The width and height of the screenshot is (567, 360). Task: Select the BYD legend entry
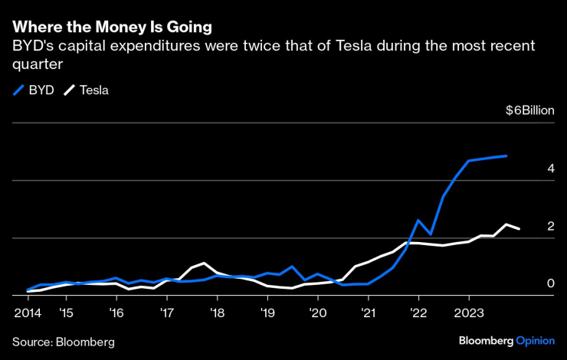pyautogui.click(x=34, y=90)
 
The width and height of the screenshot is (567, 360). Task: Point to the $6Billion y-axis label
pyautogui.click(x=529, y=110)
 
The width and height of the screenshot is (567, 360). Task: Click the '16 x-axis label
pyautogui.click(x=116, y=313)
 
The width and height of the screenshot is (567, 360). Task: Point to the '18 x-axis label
pyautogui.click(x=217, y=313)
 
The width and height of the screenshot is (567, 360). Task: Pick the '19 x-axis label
pyautogui.click(x=267, y=313)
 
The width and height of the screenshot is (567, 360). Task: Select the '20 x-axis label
pyautogui.click(x=318, y=313)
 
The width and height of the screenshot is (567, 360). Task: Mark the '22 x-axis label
pyautogui.click(x=418, y=313)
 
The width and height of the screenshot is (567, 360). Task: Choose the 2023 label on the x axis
pyautogui.click(x=469, y=313)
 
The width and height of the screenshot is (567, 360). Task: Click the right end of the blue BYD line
pyautogui.click(x=506, y=155)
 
